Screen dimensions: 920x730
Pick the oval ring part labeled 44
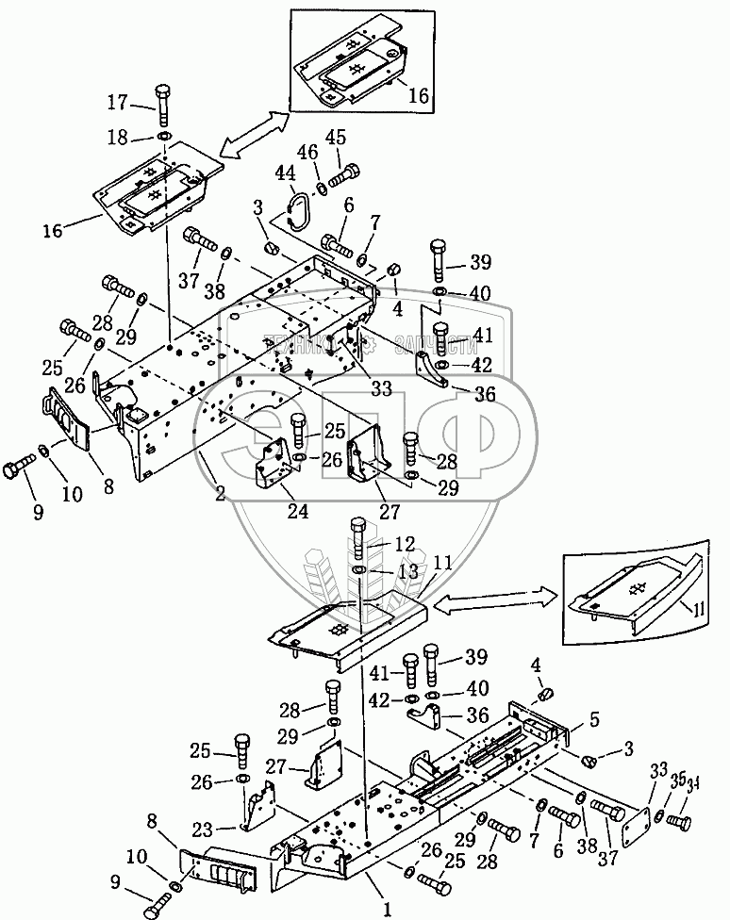[x=299, y=210]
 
